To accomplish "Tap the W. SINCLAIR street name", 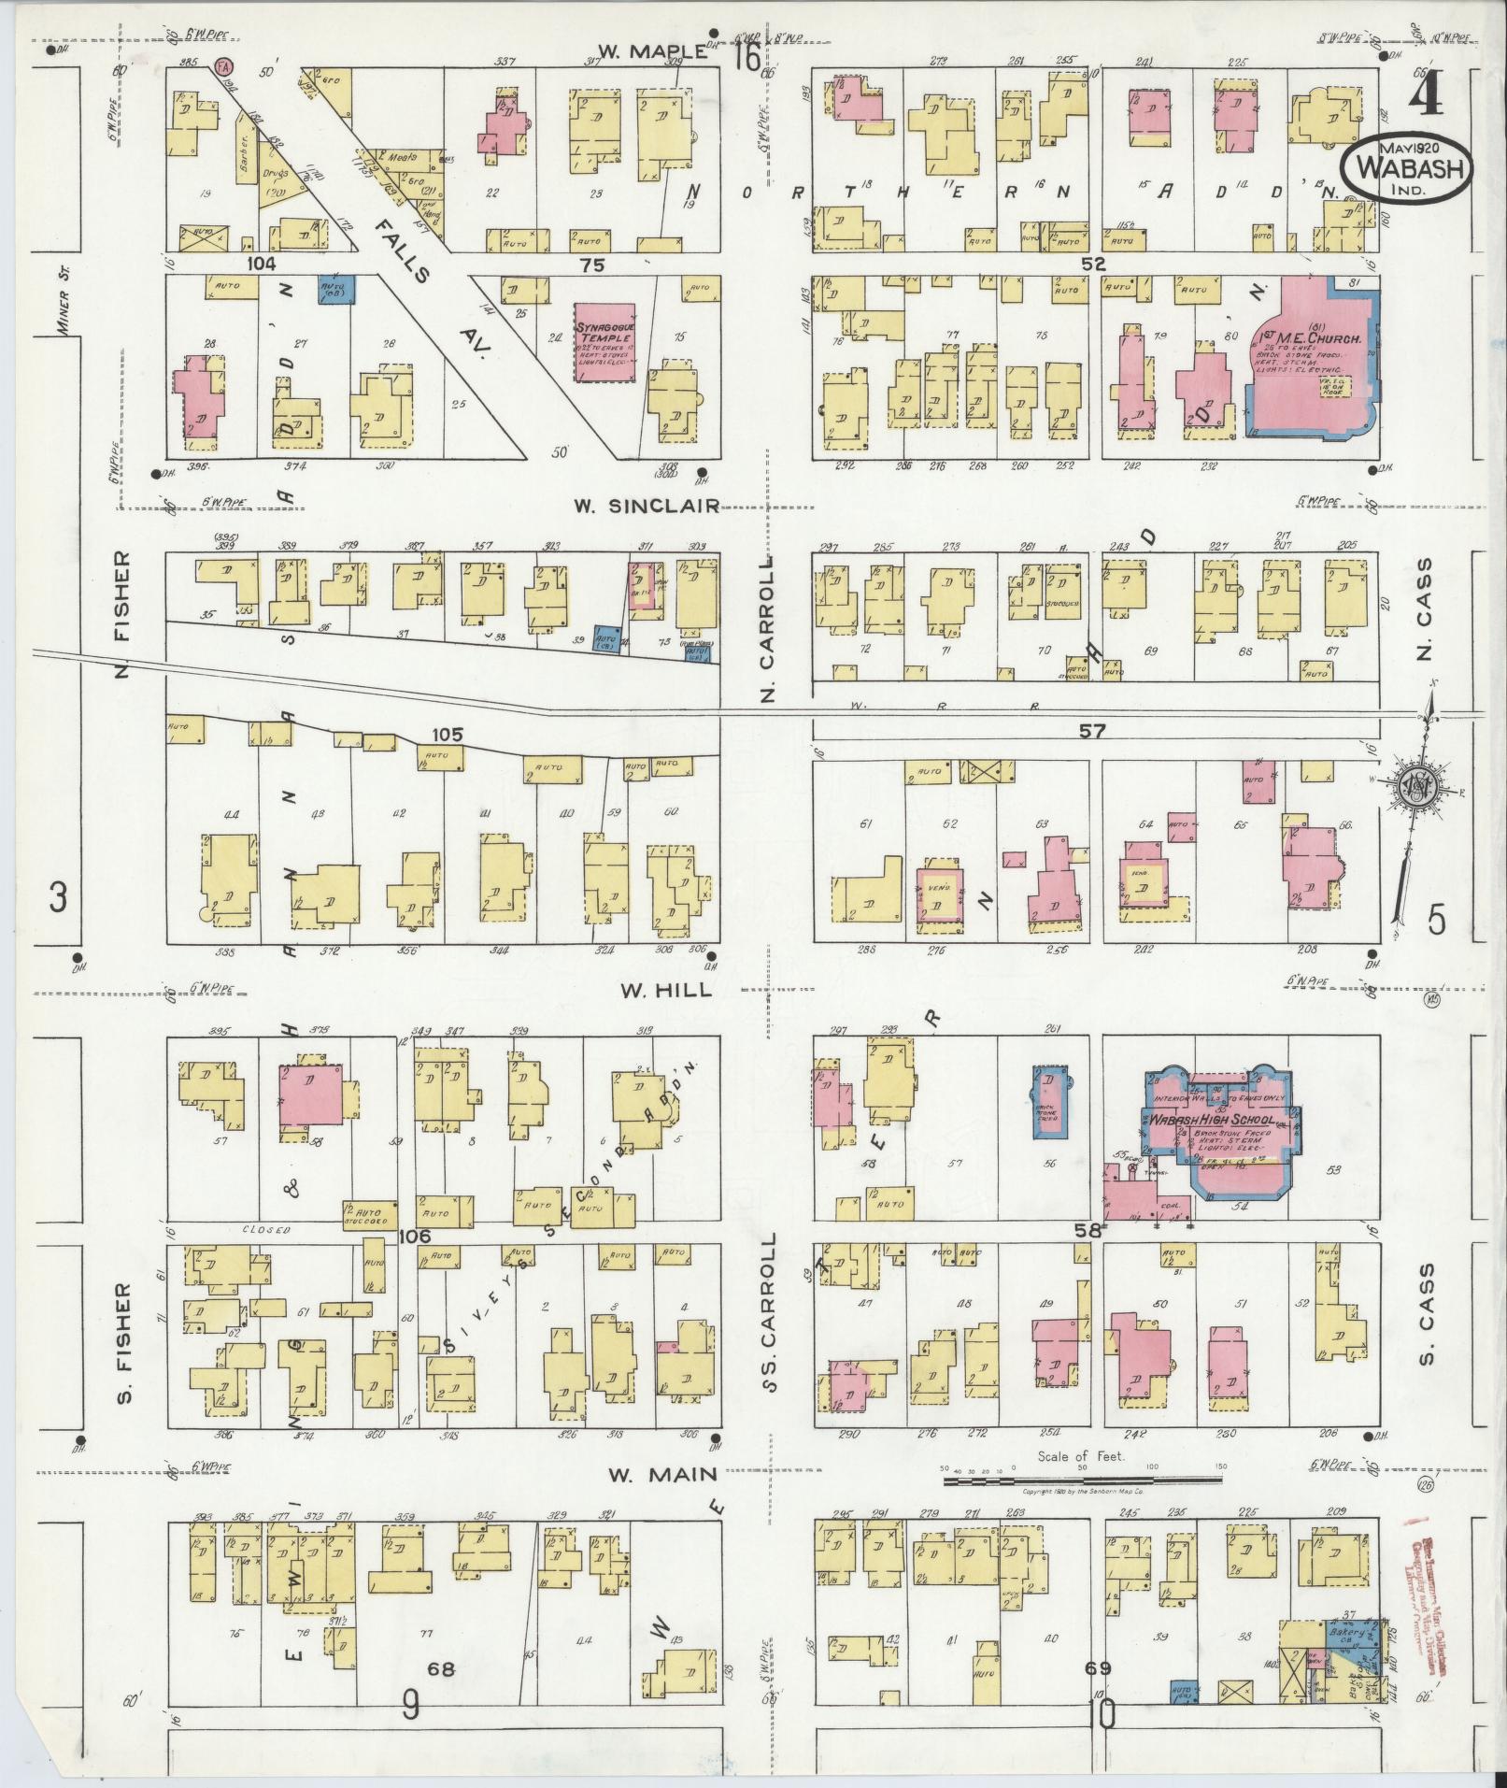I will coord(647,506).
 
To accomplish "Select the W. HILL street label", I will coord(661,991).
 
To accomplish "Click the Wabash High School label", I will coord(1210,1120).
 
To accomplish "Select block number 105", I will coord(448,735).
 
